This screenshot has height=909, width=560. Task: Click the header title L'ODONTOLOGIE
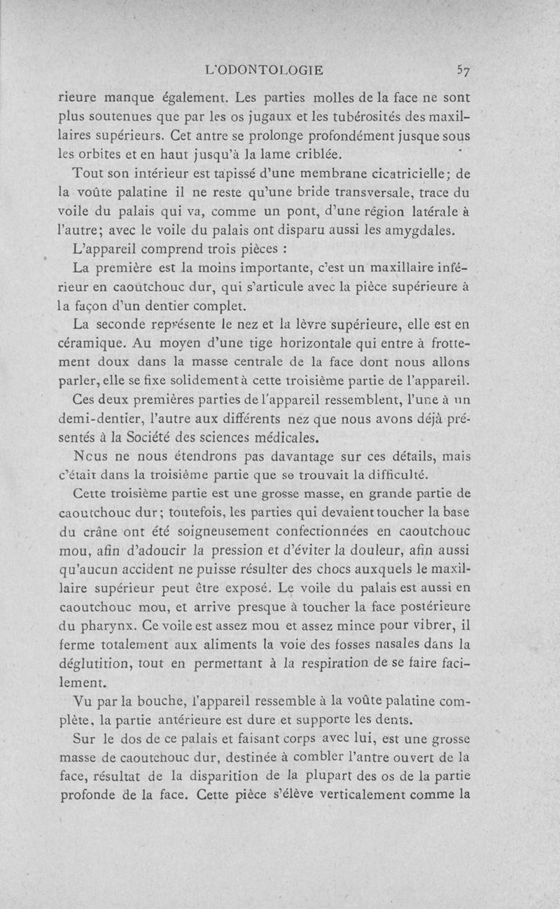tap(262, 70)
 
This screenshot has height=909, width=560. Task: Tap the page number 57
tap(463, 70)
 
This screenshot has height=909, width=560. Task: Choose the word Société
tap(152, 438)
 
